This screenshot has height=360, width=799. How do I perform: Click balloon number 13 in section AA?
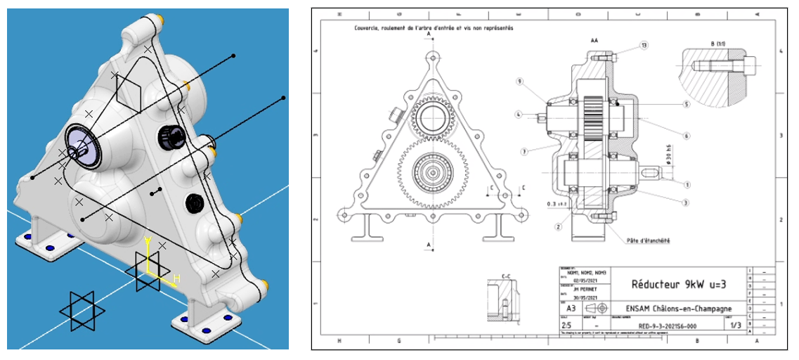tap(644, 45)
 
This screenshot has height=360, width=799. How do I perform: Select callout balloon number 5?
tap(685, 104)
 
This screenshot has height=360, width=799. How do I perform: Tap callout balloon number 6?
tap(685, 136)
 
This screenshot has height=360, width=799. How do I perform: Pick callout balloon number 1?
tap(685, 184)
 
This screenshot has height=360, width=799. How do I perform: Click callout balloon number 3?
tap(685, 202)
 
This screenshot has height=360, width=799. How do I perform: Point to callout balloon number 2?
tap(557, 226)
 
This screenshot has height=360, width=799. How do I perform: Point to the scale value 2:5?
tap(566, 326)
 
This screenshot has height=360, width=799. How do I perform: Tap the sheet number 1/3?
tap(736, 326)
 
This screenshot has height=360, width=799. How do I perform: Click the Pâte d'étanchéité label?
tap(647, 240)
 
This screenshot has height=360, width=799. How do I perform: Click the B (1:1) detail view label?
tap(722, 44)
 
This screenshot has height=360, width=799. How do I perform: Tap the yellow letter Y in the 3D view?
tap(148, 242)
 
